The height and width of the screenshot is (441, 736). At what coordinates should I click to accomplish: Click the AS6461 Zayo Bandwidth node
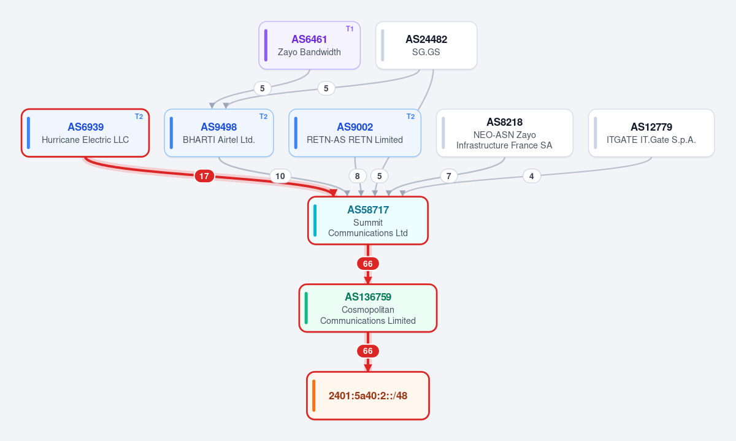click(x=310, y=45)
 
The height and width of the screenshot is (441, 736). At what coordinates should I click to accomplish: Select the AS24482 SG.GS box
click(x=426, y=45)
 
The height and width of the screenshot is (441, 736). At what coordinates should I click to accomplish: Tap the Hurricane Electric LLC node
click(x=85, y=133)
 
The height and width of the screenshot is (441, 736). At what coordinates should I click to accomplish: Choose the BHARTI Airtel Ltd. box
click(x=219, y=133)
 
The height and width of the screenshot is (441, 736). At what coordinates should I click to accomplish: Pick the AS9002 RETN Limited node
click(x=355, y=133)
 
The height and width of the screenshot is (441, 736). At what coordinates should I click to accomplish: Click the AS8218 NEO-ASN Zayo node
click(x=505, y=133)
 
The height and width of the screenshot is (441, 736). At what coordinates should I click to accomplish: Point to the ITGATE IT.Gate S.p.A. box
click(x=651, y=133)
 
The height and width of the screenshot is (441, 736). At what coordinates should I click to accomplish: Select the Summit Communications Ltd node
click(x=368, y=221)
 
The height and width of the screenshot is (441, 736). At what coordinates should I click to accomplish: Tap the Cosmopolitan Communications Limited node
click(x=368, y=309)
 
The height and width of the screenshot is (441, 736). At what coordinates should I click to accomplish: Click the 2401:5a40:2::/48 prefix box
click(x=368, y=396)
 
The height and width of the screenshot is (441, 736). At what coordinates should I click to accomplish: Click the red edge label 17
click(x=204, y=176)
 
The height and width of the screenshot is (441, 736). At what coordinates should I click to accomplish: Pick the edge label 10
click(x=280, y=176)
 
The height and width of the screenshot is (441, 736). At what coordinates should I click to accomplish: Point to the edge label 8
click(x=358, y=176)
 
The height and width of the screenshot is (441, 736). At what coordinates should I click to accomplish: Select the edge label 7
click(x=448, y=176)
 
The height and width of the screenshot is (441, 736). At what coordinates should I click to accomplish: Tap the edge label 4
click(x=532, y=176)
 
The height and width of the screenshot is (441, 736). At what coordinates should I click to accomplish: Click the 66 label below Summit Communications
click(x=368, y=264)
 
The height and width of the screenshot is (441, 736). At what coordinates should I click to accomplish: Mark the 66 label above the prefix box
click(x=368, y=351)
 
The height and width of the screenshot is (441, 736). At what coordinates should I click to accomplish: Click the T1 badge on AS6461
click(x=350, y=29)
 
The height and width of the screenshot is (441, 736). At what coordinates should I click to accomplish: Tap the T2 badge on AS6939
click(x=139, y=117)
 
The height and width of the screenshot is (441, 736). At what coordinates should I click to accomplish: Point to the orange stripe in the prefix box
click(x=314, y=396)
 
